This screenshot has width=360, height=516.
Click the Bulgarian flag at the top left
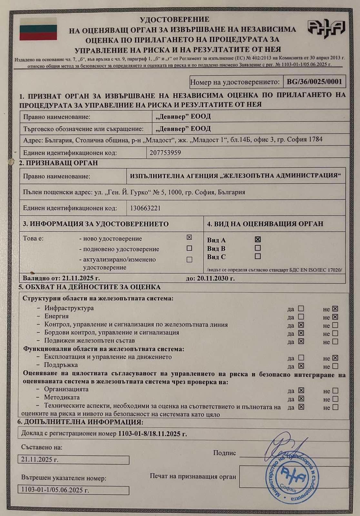point(38,29)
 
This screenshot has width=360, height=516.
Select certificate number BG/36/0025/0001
point(314,82)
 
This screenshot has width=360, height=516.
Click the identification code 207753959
point(165,153)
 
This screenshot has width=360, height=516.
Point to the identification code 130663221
point(145,208)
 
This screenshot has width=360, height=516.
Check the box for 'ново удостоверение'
point(189,237)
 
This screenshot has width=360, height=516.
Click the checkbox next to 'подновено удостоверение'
point(189,248)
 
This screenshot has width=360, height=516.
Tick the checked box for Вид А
point(257,239)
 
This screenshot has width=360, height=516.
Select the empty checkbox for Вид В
point(257,248)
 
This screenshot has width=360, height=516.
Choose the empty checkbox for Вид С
point(257,256)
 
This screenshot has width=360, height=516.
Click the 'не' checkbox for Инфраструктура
point(335,309)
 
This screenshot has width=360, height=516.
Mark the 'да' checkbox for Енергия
point(301,317)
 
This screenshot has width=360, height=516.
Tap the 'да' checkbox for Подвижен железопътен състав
point(301,341)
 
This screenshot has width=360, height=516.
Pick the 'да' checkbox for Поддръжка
point(301,366)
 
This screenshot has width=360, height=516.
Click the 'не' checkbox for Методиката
point(335,399)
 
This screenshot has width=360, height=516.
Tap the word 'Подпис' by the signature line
point(225,453)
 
